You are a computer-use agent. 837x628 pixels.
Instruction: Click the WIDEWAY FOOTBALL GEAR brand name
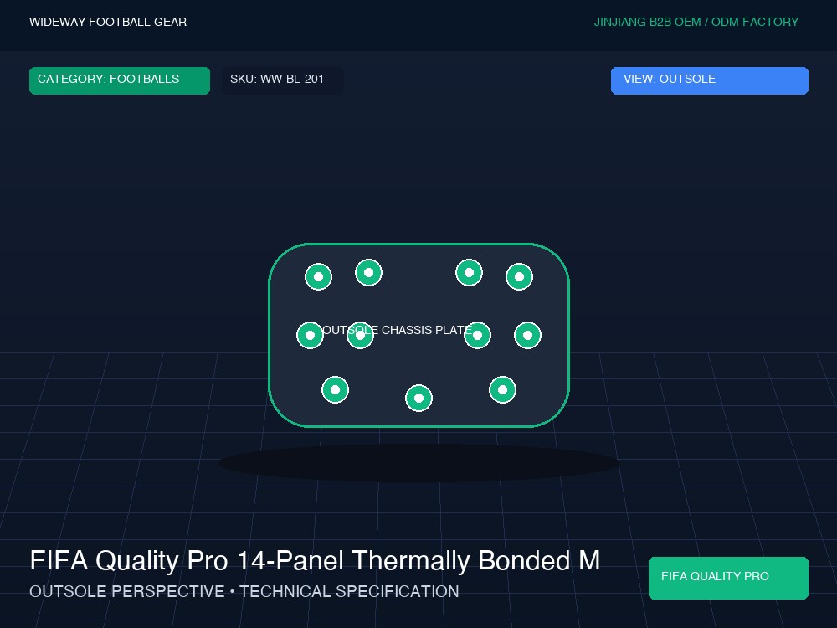point(108,22)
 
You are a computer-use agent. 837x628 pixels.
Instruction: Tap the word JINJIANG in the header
point(619,22)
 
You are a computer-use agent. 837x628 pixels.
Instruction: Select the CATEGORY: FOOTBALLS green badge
point(120,80)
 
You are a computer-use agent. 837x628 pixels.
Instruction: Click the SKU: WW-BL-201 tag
point(282,80)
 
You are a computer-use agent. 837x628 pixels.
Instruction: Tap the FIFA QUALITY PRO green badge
point(728,578)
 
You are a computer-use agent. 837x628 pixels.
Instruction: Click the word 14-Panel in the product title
point(290,561)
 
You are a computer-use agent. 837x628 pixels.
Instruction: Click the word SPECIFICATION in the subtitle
point(349,591)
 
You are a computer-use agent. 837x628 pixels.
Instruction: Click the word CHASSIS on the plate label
point(407,330)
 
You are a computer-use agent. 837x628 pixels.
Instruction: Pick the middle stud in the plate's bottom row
point(419,399)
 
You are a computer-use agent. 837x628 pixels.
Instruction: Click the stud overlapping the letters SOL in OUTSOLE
point(360,336)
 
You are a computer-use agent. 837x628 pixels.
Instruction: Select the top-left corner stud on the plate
point(319,276)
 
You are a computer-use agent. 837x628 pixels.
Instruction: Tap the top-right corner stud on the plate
point(520,276)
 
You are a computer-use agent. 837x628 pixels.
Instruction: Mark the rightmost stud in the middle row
point(528,336)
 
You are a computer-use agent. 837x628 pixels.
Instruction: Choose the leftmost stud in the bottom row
point(336,390)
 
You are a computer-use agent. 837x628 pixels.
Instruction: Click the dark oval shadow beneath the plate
point(419,463)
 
